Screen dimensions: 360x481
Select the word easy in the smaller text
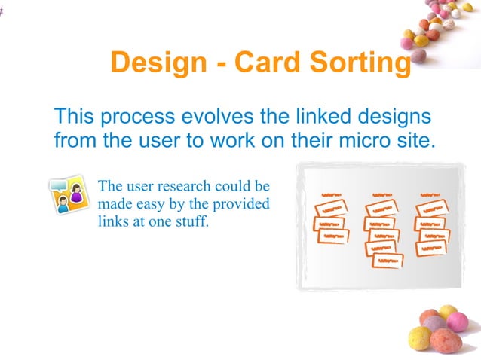[158, 204]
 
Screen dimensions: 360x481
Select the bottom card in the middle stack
[388, 261]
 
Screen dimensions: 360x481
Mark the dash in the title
[219, 64]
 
